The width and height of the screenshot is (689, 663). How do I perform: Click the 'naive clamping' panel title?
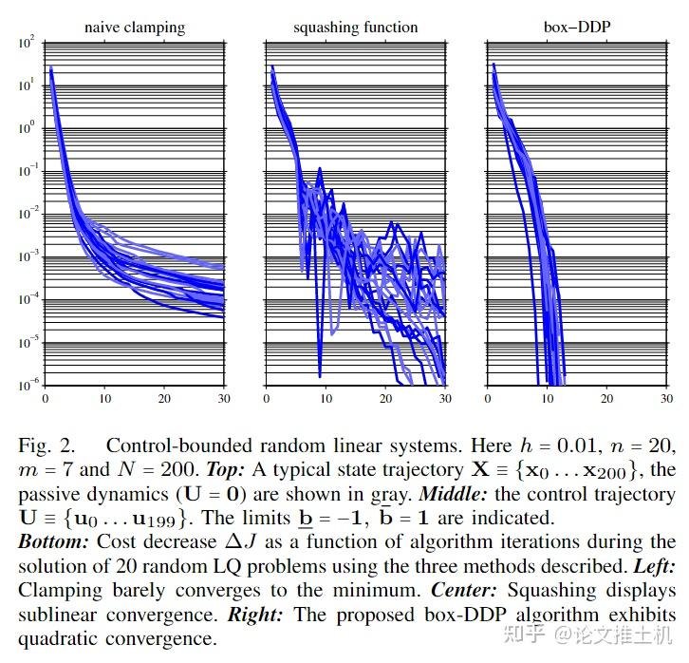click(135, 28)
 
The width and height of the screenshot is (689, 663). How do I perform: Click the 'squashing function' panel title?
click(355, 28)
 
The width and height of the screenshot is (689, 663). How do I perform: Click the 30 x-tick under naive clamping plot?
click(224, 399)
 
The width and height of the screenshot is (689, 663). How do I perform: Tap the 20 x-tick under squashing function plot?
click(384, 399)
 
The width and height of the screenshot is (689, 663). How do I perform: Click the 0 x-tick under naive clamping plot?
click(46, 399)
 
